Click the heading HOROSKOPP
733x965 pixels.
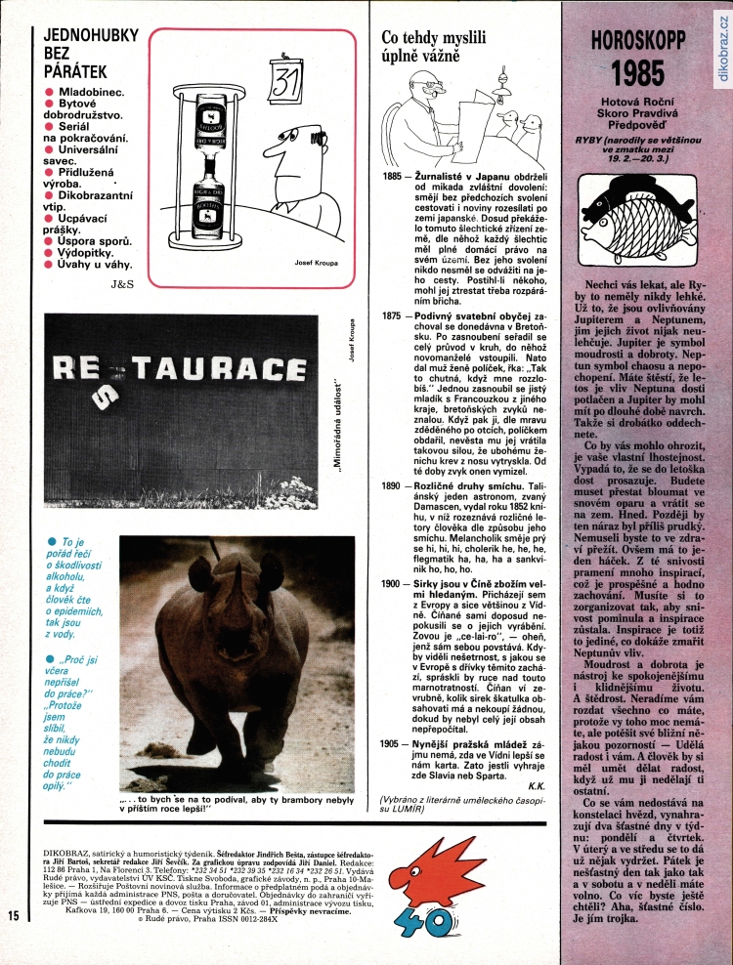tap(636, 42)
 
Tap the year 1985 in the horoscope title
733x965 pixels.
tap(636, 74)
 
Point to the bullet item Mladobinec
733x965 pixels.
tap(90, 91)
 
